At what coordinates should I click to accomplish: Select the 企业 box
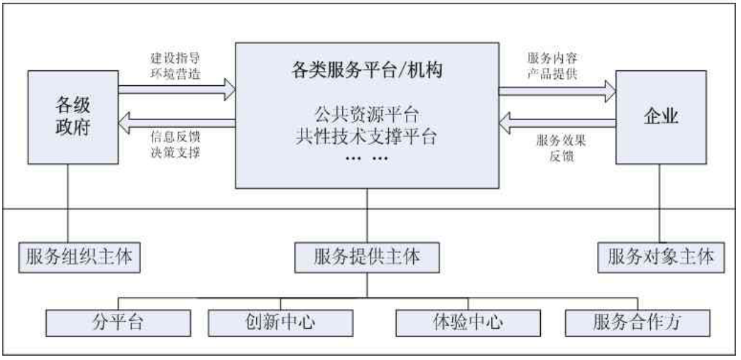point(659,116)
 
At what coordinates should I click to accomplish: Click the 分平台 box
point(118,322)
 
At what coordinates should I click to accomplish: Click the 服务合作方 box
point(637,322)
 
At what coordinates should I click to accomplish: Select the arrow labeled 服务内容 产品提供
point(556,89)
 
